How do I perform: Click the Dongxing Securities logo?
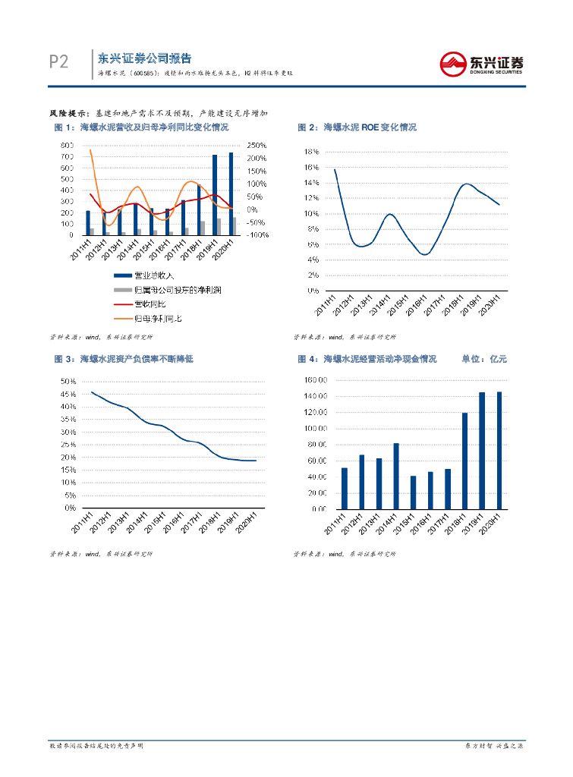(483, 63)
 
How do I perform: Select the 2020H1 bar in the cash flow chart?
(499, 450)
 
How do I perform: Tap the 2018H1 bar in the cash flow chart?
(465, 461)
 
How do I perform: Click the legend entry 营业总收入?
(154, 275)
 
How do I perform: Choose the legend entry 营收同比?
(149, 304)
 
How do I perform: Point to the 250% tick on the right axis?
(257, 145)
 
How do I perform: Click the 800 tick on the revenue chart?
(67, 145)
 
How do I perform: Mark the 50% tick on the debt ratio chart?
(68, 381)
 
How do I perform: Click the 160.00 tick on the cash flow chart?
(315, 380)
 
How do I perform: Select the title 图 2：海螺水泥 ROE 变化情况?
(357, 127)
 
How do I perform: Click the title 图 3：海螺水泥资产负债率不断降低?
(124, 359)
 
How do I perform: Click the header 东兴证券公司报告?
(144, 58)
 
